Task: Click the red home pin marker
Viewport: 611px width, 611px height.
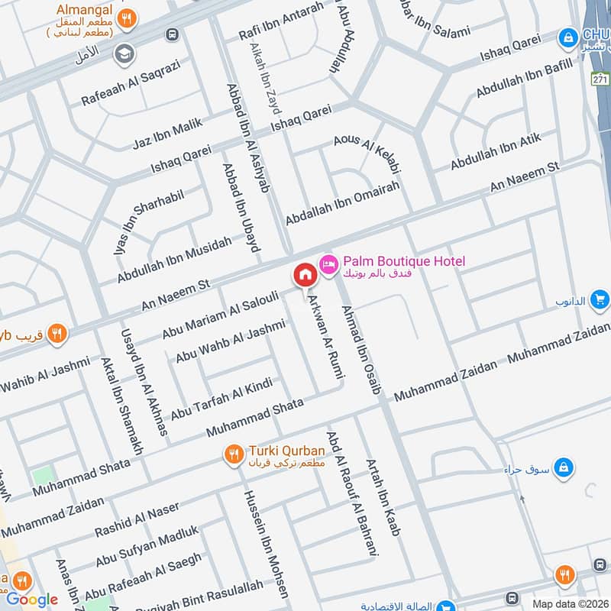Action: point(304,275)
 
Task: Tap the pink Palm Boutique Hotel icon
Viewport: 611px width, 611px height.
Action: point(328,263)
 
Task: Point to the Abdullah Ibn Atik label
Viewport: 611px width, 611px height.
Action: point(496,151)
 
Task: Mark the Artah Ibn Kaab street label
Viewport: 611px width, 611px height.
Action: point(382,497)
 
